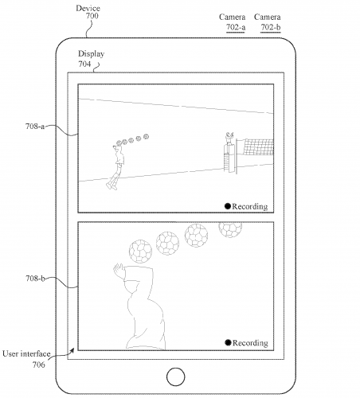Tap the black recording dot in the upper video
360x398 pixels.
point(227,206)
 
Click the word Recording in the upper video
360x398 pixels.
point(250,206)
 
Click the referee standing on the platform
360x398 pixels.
point(229,141)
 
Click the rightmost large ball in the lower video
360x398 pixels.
point(230,230)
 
